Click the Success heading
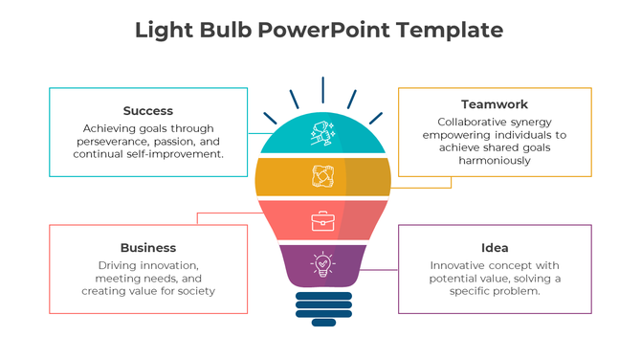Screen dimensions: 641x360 [148, 111]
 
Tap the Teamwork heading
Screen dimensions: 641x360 [494, 104]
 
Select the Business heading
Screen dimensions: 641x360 [148, 248]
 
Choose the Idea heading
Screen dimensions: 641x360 [495, 248]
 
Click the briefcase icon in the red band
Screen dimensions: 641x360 [322, 222]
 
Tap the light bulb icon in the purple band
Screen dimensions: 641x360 [322, 264]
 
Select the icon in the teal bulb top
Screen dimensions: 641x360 [321, 134]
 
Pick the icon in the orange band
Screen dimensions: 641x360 [322, 176]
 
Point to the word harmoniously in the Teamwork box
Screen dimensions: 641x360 [494, 161]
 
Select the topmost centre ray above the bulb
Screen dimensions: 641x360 [322, 90]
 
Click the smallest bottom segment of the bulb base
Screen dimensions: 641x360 [322, 322]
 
